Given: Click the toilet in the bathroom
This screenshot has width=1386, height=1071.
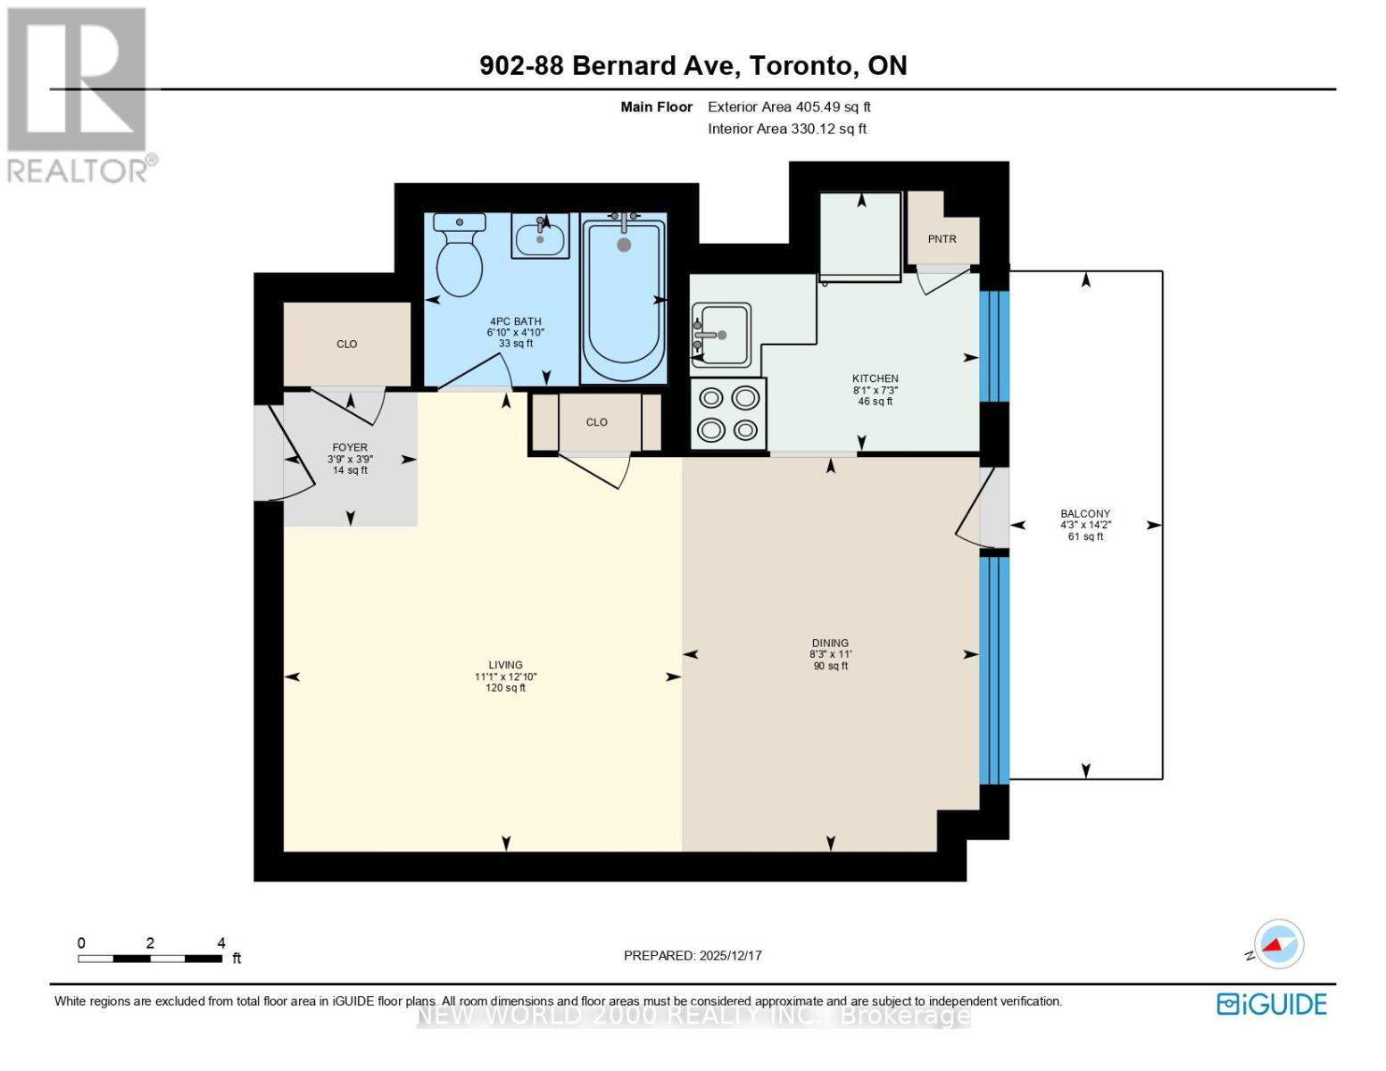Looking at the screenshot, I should pos(460,259).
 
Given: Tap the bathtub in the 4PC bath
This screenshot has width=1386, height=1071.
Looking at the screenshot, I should pos(624,299).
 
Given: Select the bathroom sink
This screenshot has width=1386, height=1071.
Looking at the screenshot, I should pos(540,237).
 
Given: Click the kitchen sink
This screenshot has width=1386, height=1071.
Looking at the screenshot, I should pos(720,335).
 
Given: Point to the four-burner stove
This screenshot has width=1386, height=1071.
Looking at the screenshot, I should pos(728,414).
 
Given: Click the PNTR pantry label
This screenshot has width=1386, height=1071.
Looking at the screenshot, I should pos(942,239).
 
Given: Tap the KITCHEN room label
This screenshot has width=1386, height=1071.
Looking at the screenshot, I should pos(875,379).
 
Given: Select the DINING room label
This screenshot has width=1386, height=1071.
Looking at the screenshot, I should pos(830,643).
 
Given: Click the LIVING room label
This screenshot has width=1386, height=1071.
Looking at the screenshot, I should pos(505,665).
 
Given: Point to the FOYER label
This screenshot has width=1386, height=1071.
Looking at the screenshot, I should pos(350,448).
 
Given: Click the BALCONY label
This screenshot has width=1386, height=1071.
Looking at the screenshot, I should pos(1085,514).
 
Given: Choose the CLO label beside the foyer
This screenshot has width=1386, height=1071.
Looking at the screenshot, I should pos(347,345).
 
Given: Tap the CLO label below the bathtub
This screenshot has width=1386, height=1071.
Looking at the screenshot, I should pos(597,422).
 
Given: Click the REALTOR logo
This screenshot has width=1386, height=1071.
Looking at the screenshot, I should pos(79,95).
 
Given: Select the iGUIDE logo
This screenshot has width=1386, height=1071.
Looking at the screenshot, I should pos(1272,1004).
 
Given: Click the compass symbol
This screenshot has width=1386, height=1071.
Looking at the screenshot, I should pos(1278,944).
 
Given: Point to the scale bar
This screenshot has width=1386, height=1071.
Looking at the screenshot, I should pos(150,959).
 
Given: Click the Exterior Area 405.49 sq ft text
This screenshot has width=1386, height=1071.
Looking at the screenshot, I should pos(789,107).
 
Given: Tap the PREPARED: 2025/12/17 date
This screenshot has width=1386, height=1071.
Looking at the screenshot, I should pos(693,956).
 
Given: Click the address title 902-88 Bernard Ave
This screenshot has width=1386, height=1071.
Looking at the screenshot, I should pos(693,66).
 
